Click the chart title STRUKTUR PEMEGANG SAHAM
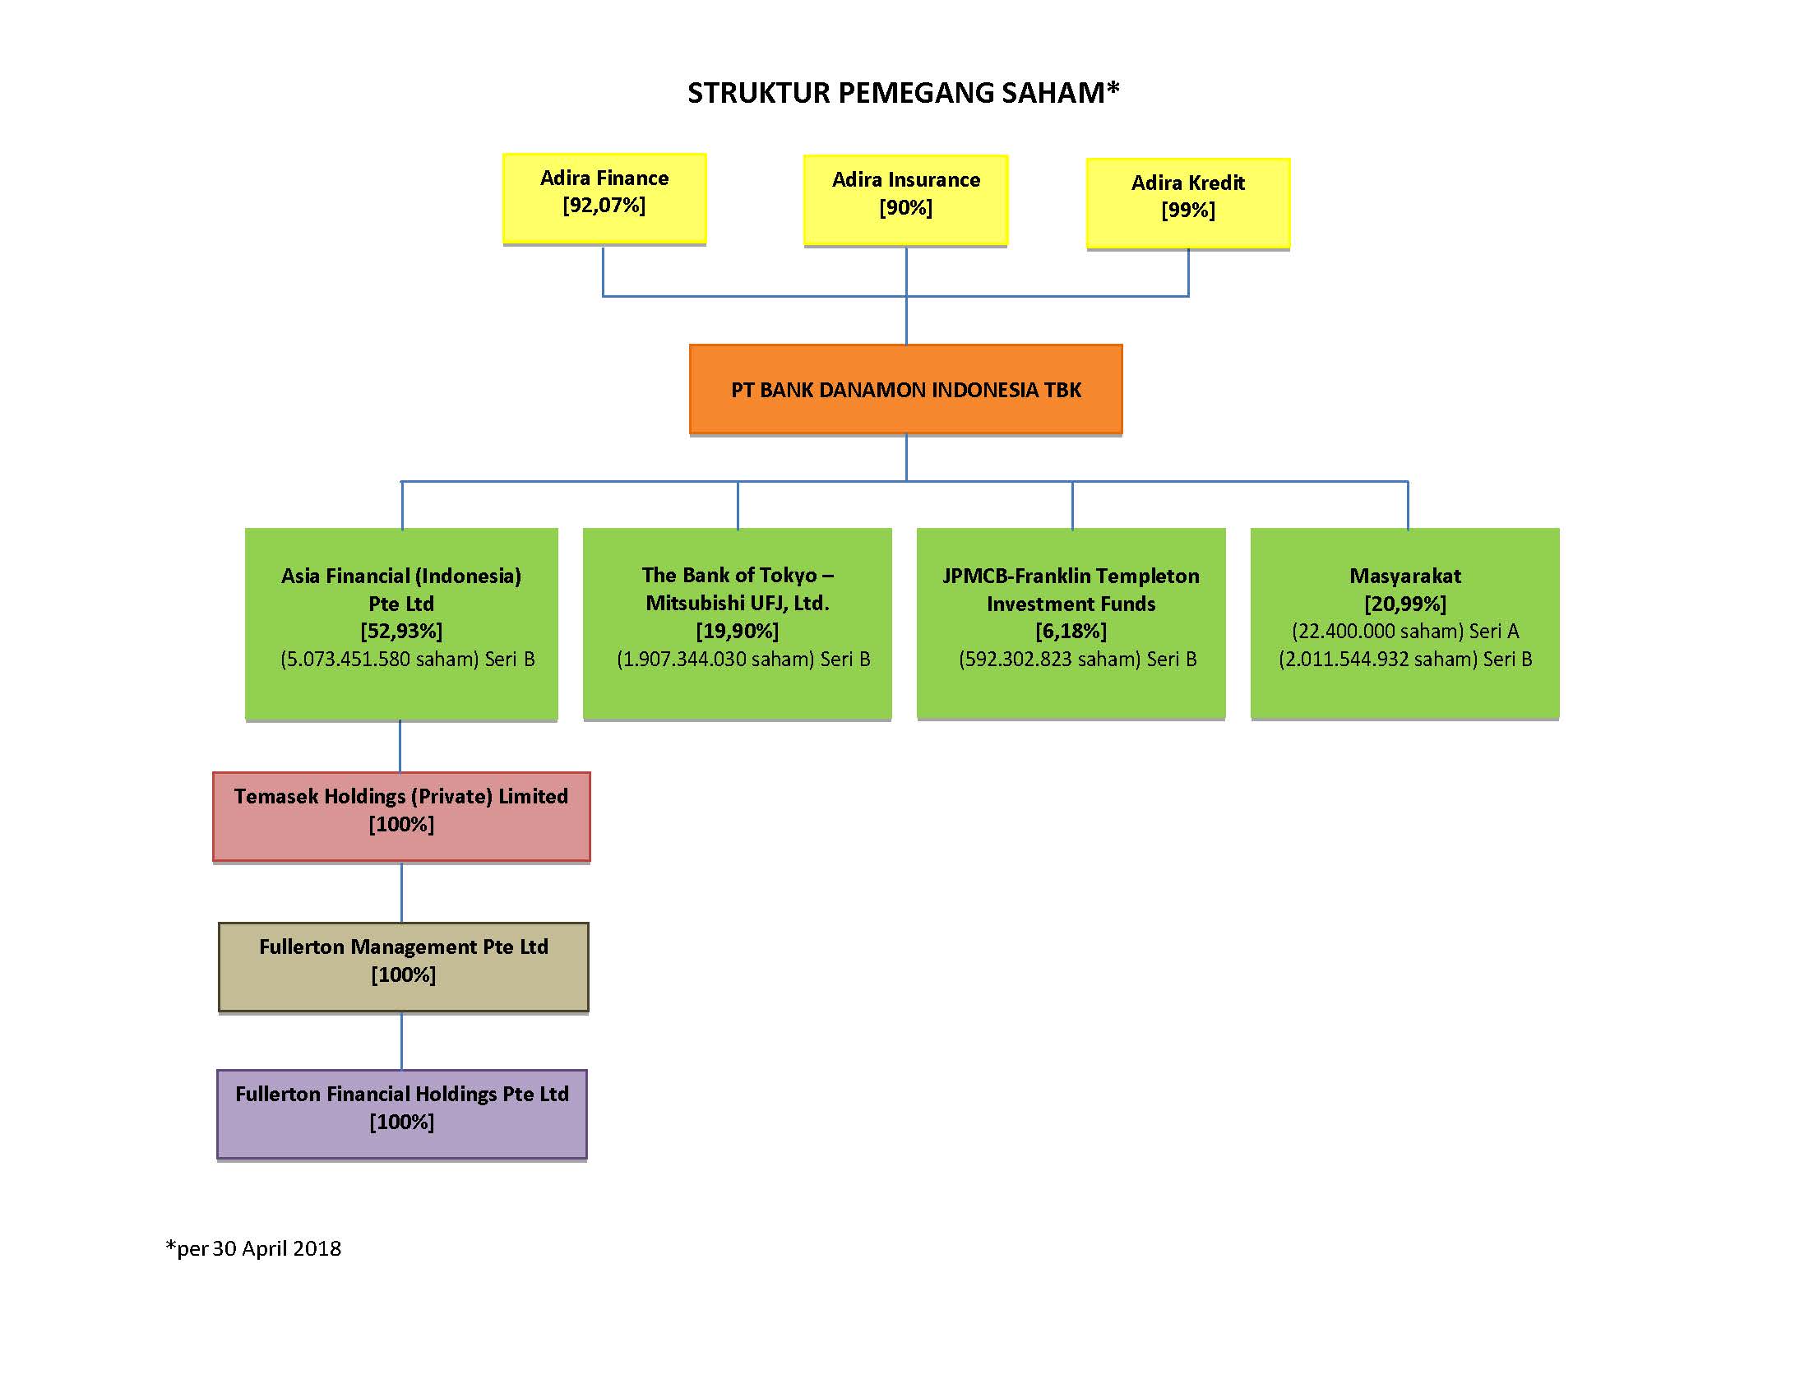point(903,92)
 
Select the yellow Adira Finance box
point(604,199)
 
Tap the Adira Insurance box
point(905,201)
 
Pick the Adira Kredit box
point(1188,204)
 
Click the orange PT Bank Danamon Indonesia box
point(905,389)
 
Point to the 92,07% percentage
point(604,206)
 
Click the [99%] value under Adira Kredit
point(1188,211)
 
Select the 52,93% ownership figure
point(402,631)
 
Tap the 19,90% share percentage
point(738,631)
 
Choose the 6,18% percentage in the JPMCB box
point(1071,631)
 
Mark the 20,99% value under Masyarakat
point(1405,604)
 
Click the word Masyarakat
point(1405,576)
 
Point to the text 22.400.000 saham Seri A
point(1405,631)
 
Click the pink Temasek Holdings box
point(402,817)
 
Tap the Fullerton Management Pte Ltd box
point(404,967)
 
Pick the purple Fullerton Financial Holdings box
point(402,1115)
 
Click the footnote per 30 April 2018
point(253,1248)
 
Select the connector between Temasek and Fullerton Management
point(402,892)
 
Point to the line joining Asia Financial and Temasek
point(400,746)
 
